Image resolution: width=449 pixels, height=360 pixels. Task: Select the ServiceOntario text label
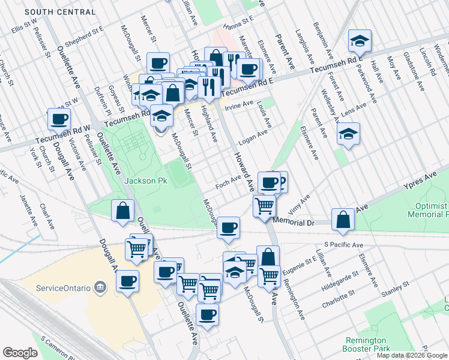[62, 287]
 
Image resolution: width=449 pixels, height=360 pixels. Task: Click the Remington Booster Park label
[366, 344]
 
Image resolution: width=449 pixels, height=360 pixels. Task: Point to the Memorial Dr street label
[294, 221]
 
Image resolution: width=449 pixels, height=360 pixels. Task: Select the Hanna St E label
[239, 26]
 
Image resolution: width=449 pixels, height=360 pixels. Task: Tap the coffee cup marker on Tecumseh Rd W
[59, 119]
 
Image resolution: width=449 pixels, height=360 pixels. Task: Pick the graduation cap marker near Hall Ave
[360, 41]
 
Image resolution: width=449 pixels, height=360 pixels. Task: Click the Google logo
[20, 353]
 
